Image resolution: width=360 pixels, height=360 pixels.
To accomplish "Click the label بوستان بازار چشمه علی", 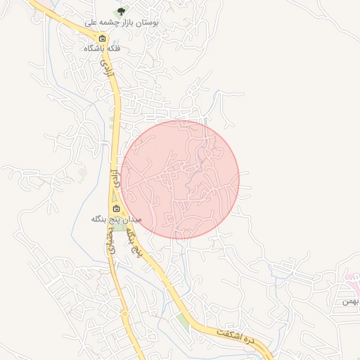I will click(123, 22).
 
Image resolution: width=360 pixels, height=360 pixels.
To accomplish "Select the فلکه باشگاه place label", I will click(103, 49).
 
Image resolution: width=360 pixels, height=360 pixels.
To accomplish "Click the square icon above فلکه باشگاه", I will click(103, 39).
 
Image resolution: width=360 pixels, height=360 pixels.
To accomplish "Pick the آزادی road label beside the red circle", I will click(115, 179).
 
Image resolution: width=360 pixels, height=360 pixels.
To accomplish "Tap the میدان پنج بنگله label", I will click(116, 219).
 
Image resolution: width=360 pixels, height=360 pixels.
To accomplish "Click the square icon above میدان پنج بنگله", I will click(117, 209).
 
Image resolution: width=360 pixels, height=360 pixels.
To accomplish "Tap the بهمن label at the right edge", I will click(351, 301).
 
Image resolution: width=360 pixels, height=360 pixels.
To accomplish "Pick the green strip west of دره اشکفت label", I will click(184, 321).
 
